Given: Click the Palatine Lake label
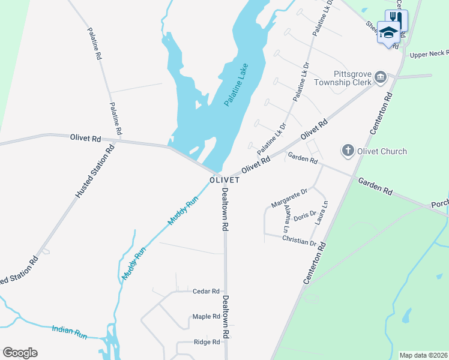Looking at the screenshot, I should (237, 85).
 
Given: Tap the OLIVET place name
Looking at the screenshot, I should (225, 180).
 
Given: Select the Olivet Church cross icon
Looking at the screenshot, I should (348, 151).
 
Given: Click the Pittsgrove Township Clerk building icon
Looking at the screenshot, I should (380, 77).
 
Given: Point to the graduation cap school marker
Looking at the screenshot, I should (388, 33).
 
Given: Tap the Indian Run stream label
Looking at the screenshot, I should (70, 332).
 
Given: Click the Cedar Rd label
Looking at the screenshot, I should (206, 292).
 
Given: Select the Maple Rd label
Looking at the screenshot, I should (206, 317).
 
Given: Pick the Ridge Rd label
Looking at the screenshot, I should (206, 342).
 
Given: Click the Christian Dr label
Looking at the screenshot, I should (298, 241).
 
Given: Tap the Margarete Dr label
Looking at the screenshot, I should (289, 198).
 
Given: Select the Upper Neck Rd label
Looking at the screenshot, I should (429, 55).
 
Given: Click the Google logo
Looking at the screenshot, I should (20, 353).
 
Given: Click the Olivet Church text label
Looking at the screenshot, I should (382, 151).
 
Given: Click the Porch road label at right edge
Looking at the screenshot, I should (439, 205).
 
